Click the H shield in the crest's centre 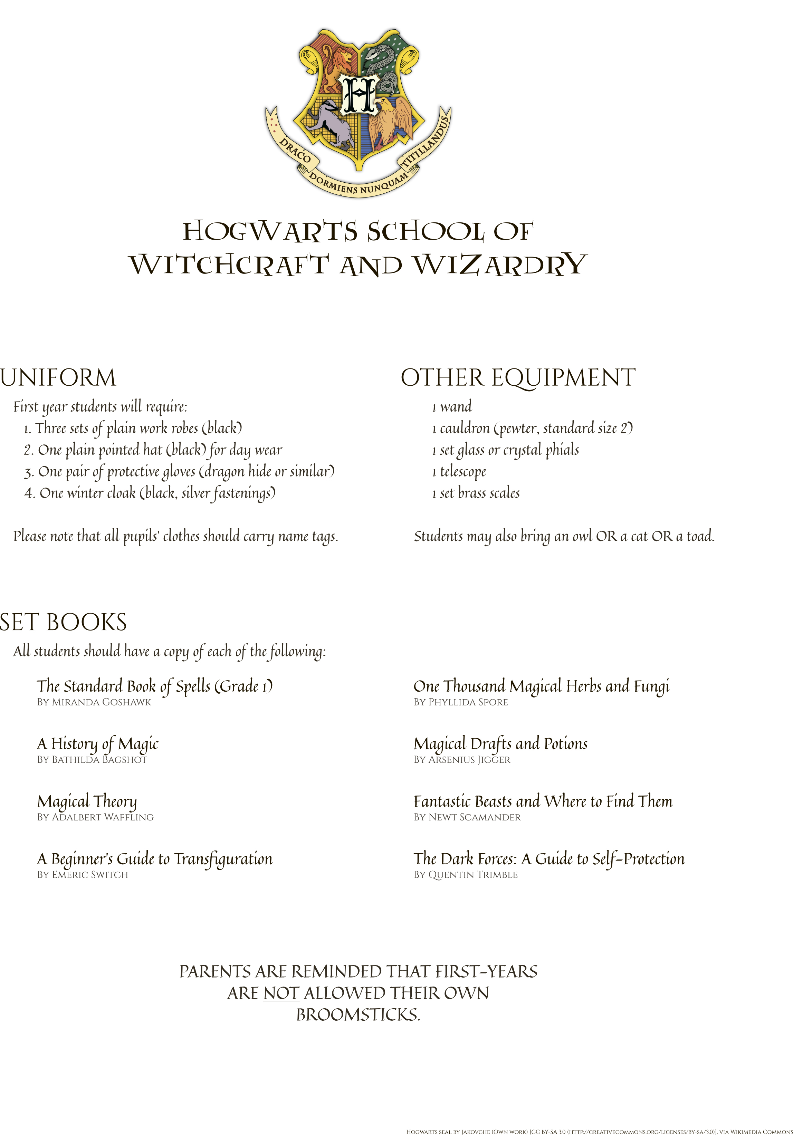(359, 94)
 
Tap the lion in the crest (340, 64)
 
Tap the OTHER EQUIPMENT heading (518, 378)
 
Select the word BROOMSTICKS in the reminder (357, 1015)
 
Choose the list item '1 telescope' (459, 472)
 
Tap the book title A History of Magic (98, 744)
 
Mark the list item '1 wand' (452, 407)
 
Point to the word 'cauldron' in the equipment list (465, 429)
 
